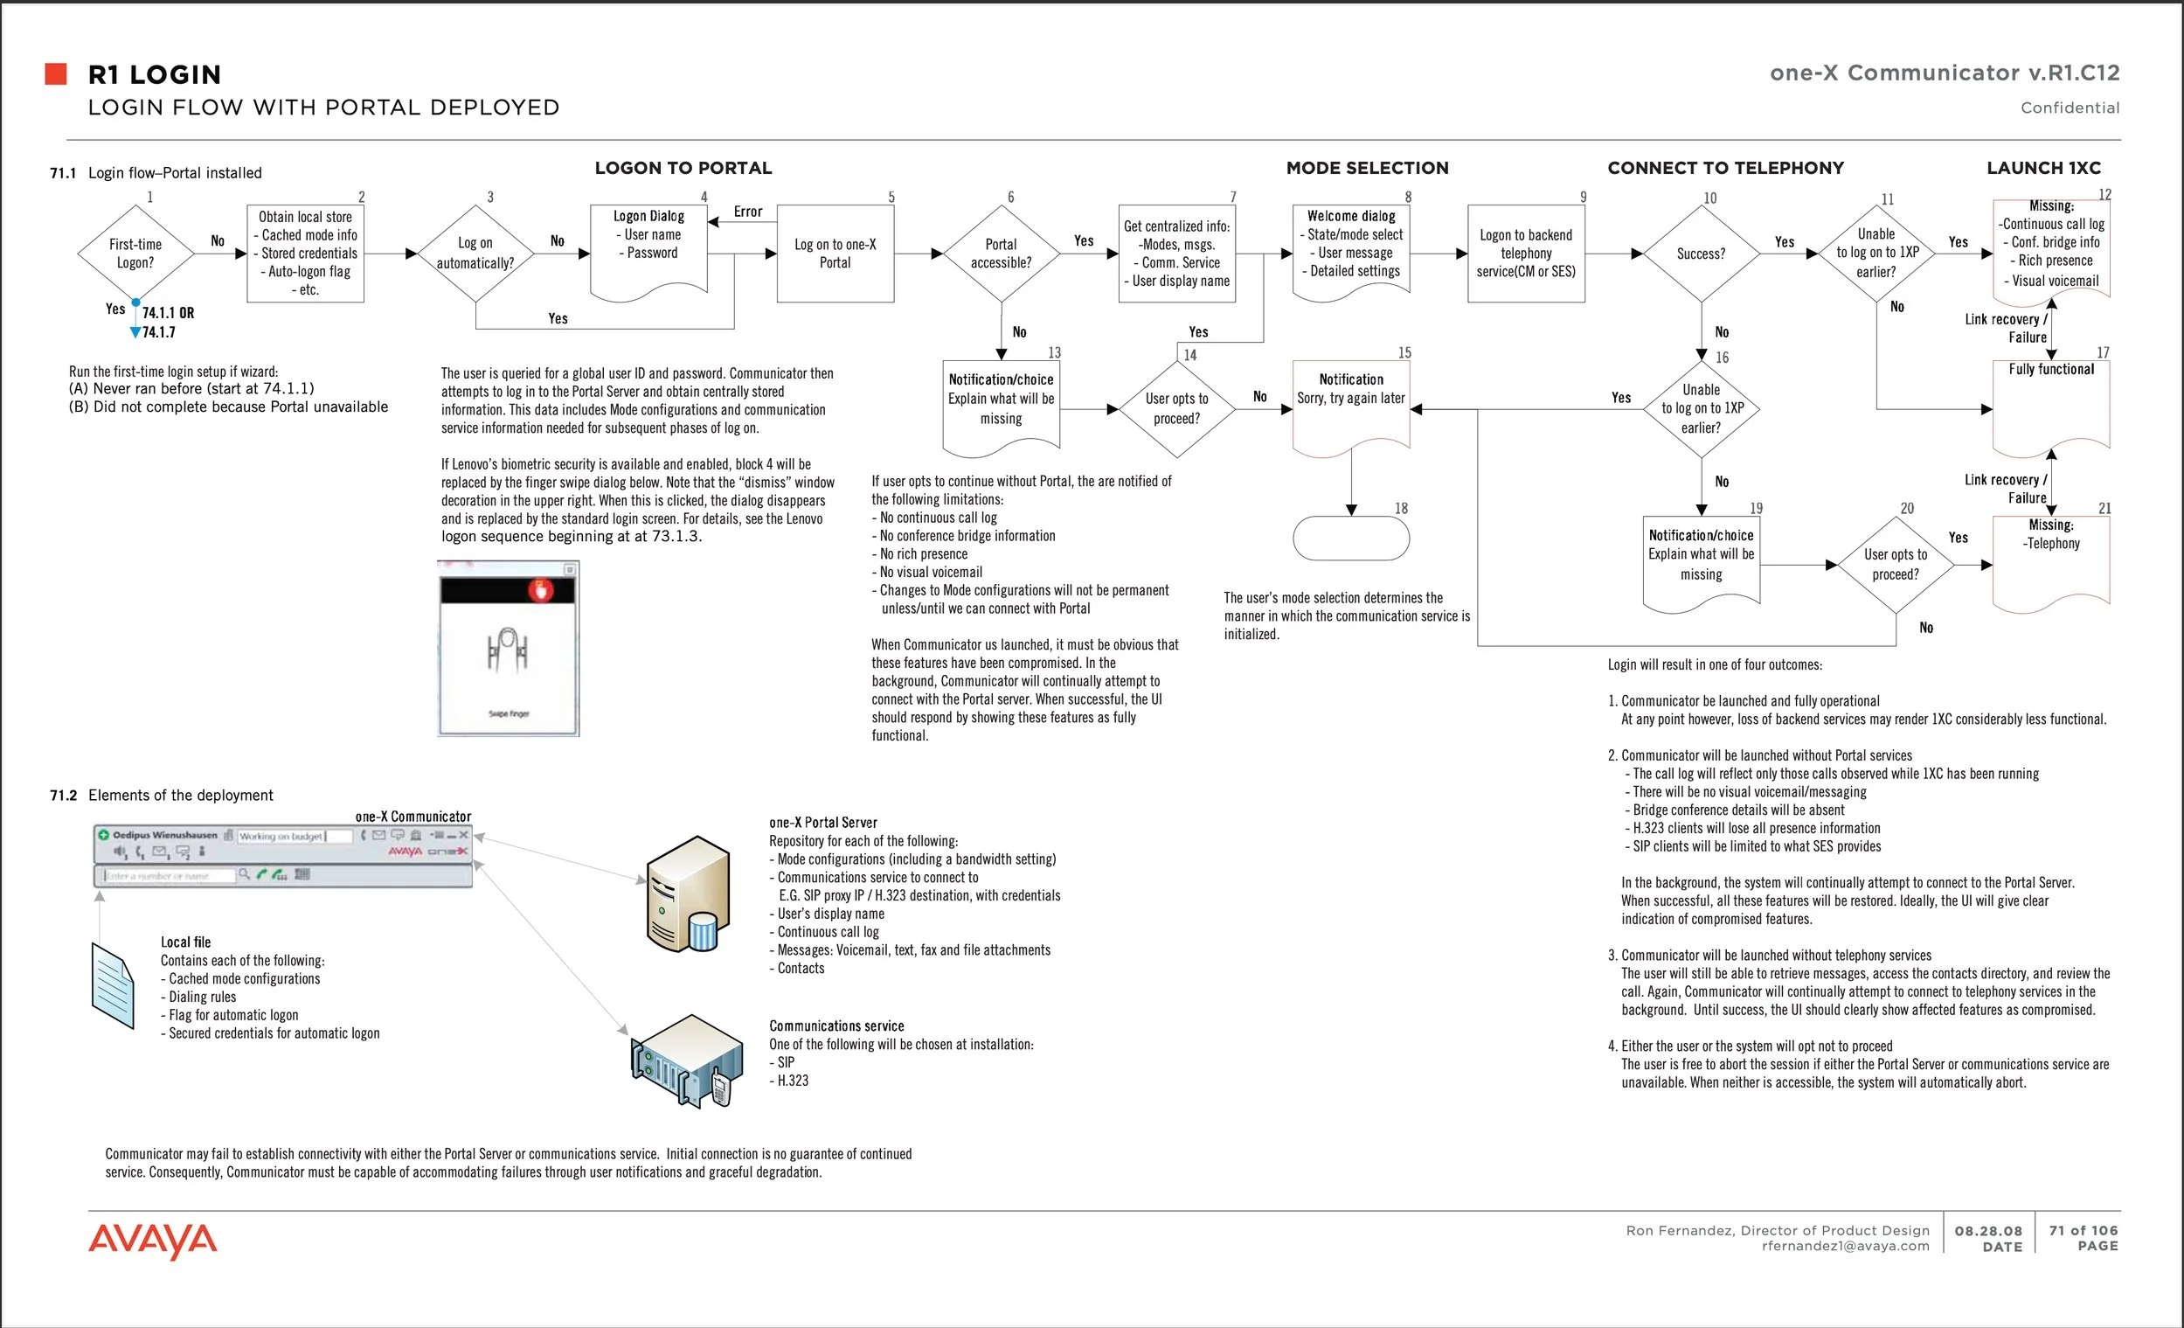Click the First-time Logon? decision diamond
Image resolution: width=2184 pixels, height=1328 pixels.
135,254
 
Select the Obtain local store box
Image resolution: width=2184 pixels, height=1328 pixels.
306,254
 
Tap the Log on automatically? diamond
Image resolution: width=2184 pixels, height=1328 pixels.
476,254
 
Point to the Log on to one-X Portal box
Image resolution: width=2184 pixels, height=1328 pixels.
835,254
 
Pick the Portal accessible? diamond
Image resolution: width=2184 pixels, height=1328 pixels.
1001,254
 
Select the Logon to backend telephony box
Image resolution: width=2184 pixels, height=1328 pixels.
1525,254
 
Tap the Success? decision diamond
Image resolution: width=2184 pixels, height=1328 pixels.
1701,254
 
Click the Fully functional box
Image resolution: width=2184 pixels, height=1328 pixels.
2050,403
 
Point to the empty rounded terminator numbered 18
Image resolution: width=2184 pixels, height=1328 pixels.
1351,539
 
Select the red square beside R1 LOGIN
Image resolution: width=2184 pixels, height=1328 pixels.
56,73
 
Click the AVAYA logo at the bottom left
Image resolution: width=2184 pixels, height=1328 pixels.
152,1241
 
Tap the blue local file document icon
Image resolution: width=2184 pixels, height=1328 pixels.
113,985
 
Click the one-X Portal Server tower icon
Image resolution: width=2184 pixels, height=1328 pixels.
688,893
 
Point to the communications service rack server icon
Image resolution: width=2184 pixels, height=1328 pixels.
686,1060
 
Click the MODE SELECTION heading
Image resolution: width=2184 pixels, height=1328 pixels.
1367,168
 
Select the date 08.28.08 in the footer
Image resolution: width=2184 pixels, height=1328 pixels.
1988,1230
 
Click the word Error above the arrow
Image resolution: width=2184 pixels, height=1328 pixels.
747,211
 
